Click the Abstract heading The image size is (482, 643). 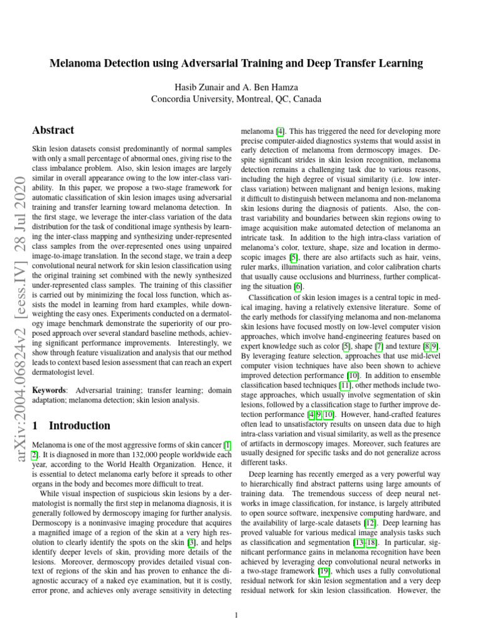coord(53,130)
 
